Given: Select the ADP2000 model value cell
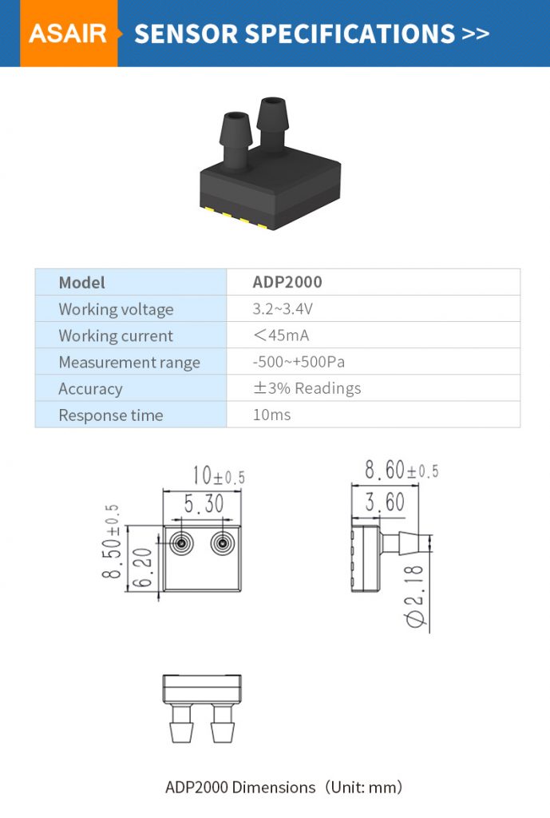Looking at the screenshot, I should click(287, 282).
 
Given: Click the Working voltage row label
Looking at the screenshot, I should click(116, 309).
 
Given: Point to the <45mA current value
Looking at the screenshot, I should click(280, 336).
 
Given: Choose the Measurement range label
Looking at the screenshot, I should click(129, 362).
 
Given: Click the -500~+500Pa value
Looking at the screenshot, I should click(299, 362).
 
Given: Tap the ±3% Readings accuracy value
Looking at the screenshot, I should click(307, 388).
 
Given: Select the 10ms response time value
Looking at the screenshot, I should click(271, 415).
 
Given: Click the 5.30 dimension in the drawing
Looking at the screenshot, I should click(204, 505).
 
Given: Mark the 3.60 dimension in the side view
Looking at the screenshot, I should click(385, 503).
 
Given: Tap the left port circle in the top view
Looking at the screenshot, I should click(181, 543).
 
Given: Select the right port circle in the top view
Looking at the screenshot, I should click(223, 543).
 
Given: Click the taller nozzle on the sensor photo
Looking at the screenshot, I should click(272, 124).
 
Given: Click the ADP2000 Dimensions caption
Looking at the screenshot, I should click(283, 787).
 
